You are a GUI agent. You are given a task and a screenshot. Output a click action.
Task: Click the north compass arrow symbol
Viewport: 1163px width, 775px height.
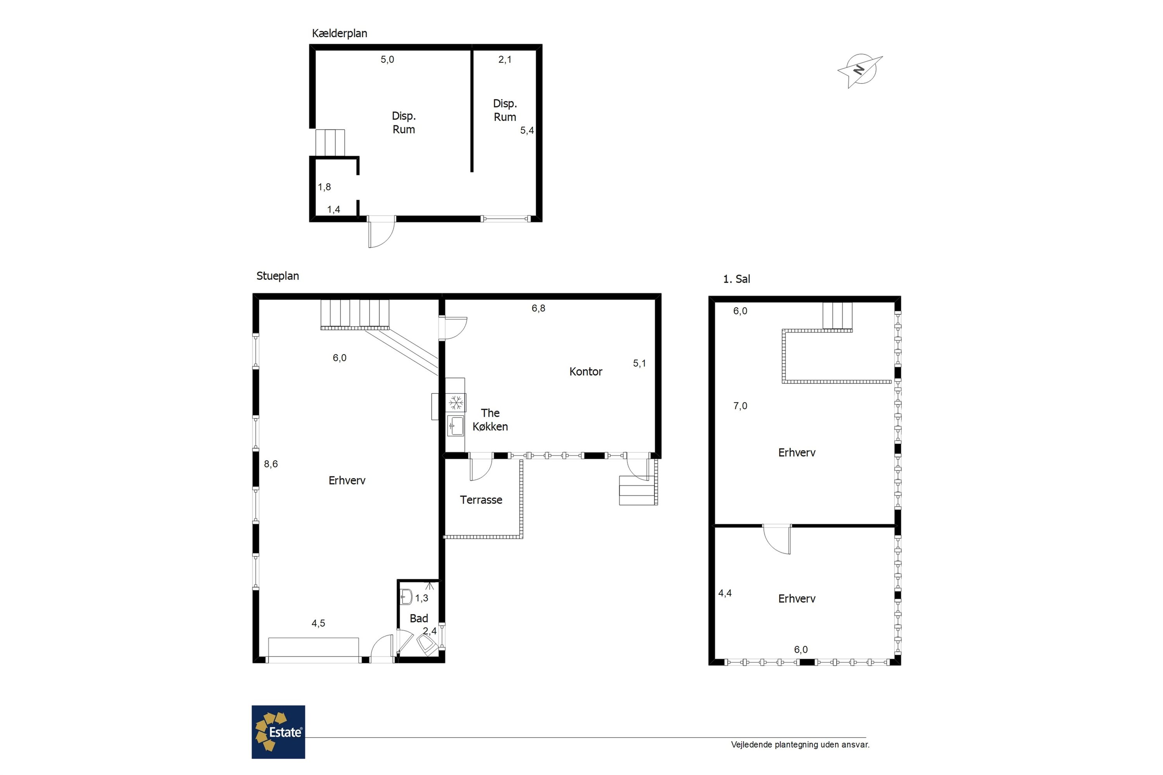(860, 71)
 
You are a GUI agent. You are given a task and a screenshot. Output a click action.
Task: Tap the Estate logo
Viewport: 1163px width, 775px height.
(278, 732)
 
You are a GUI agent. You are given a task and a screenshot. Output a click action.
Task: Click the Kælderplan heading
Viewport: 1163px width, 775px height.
(340, 34)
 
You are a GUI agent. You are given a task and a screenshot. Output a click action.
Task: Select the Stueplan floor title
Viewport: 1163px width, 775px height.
(278, 276)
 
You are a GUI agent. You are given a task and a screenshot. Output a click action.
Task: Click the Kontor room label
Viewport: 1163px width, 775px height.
(586, 372)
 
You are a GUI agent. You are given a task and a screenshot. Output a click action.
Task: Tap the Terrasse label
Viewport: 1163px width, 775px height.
(481, 500)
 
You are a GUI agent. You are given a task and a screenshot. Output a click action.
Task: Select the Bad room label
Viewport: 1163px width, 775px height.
(419, 618)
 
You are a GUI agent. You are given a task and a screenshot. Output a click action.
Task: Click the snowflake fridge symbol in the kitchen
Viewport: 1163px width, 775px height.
(456, 402)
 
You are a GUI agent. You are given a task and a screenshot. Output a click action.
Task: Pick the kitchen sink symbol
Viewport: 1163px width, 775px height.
(456, 425)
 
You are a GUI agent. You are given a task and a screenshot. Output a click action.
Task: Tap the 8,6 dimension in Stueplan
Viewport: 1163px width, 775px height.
(271, 464)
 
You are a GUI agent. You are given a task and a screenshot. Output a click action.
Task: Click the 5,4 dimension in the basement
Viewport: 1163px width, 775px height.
(527, 131)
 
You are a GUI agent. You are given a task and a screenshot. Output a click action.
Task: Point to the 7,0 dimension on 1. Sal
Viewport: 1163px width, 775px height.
(740, 406)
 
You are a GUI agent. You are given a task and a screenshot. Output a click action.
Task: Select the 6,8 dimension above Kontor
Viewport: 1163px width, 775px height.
(538, 308)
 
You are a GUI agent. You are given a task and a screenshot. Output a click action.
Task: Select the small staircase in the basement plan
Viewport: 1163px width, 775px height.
(330, 143)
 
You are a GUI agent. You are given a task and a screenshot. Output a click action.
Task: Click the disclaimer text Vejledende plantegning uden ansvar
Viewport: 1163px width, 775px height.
(800, 745)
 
